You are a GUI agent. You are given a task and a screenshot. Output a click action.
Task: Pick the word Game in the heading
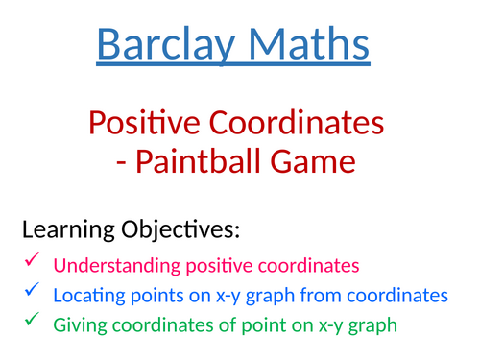(x=324, y=161)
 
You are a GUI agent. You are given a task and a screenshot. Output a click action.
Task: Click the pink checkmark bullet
(x=32, y=260)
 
